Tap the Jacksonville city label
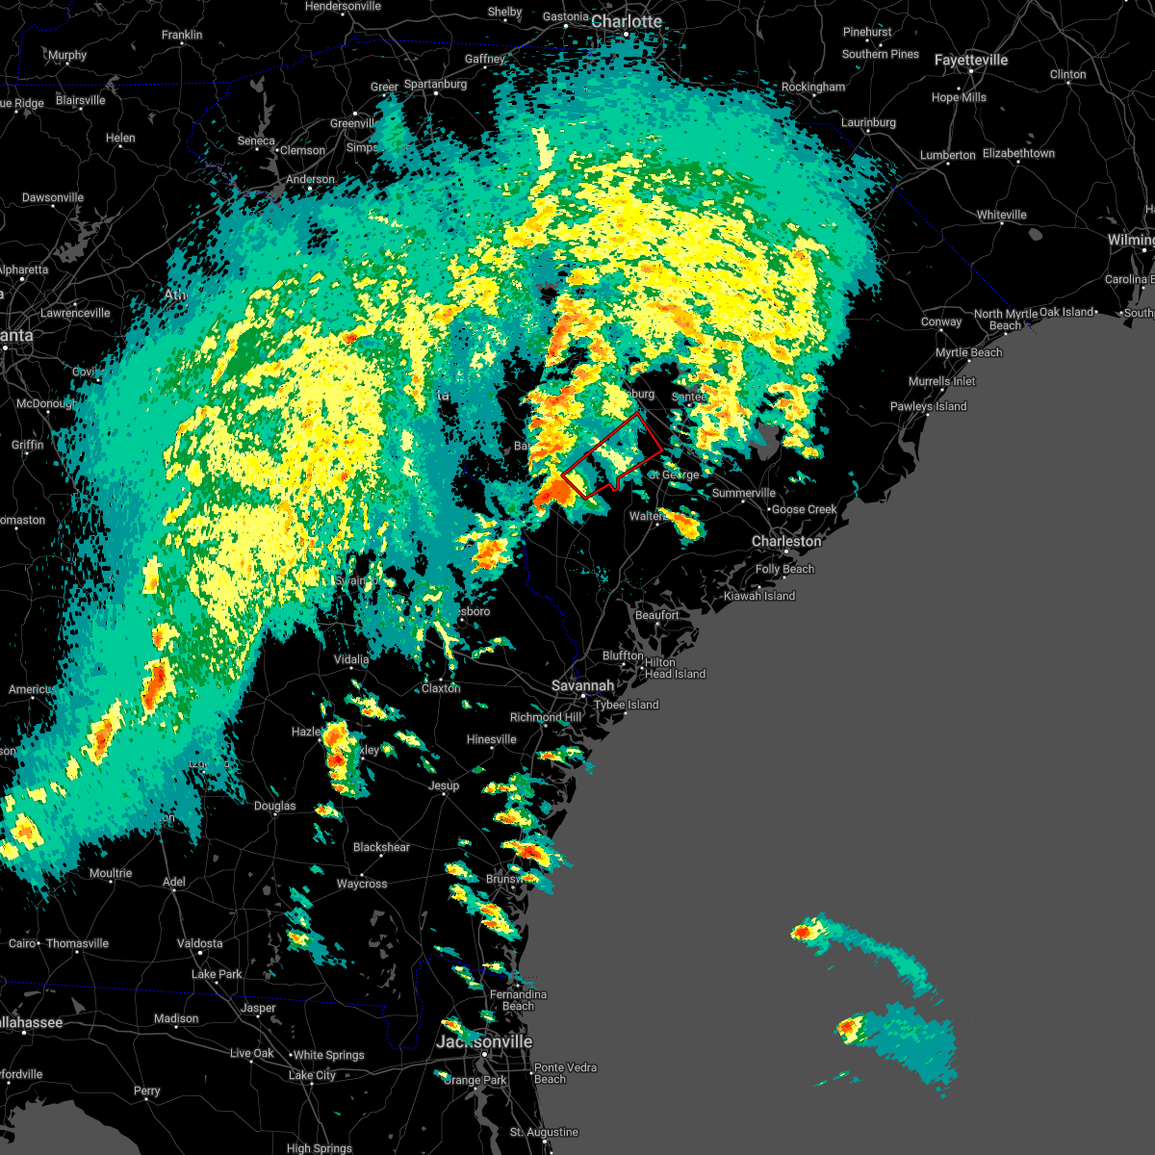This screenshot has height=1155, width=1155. click(484, 1042)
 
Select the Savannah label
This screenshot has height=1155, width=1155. click(582, 686)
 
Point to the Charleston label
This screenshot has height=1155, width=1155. click(786, 542)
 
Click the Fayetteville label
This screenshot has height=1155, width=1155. click(971, 60)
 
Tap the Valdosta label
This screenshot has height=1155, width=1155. click(199, 943)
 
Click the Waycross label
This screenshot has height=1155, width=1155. click(362, 884)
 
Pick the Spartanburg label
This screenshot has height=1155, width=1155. click(435, 85)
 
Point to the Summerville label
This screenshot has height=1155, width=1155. click(743, 494)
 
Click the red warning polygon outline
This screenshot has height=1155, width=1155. click(638, 415)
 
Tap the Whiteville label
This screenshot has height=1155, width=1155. click(1001, 216)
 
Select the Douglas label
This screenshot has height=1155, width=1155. click(274, 807)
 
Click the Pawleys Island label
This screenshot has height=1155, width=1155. click(928, 407)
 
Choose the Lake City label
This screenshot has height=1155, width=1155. click(312, 1075)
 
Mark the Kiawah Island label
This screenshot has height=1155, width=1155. click(759, 597)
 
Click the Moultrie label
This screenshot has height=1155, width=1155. click(110, 874)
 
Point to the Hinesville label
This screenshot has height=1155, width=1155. click(491, 740)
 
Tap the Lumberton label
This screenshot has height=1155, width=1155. click(947, 156)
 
